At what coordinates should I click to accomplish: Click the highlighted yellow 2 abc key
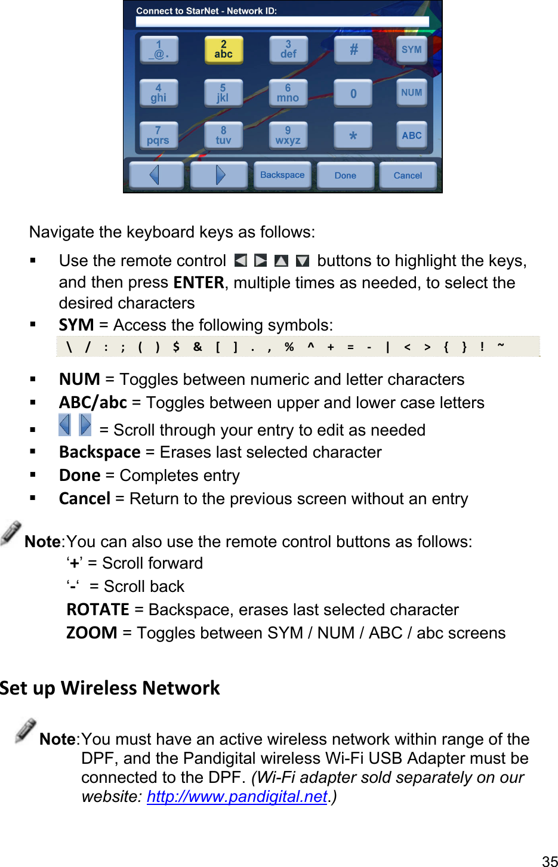(x=223, y=50)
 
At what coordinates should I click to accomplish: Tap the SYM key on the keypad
(x=411, y=50)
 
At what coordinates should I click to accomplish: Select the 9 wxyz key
(x=288, y=135)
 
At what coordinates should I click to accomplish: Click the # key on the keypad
(x=353, y=50)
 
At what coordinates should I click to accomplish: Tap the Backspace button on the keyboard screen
(x=282, y=175)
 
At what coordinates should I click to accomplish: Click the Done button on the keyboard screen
(x=346, y=176)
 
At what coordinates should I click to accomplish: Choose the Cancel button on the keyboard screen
(x=408, y=176)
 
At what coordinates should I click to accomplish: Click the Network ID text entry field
(x=282, y=21)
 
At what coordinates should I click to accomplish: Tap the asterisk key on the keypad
(x=353, y=136)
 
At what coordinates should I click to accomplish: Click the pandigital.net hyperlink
(x=237, y=797)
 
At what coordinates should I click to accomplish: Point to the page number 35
(x=549, y=860)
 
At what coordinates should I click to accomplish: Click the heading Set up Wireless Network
(x=110, y=688)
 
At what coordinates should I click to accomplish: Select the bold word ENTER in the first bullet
(x=198, y=282)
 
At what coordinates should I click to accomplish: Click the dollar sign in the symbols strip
(x=176, y=347)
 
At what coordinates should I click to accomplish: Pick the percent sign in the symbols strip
(x=289, y=347)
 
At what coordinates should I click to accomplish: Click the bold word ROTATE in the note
(x=98, y=610)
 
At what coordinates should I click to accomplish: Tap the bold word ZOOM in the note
(x=92, y=633)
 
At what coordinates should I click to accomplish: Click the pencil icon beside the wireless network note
(x=26, y=731)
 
